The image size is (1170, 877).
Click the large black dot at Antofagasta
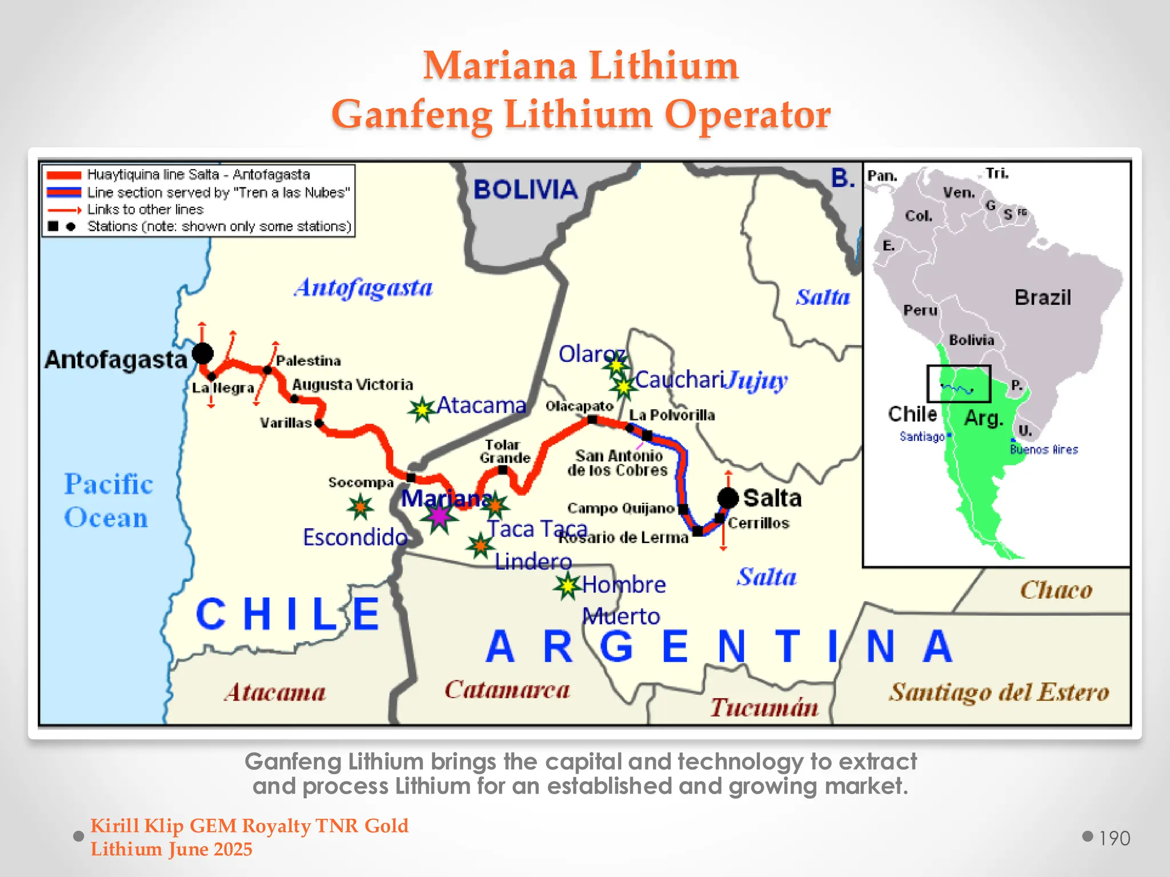[x=202, y=353]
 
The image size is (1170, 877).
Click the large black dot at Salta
[x=728, y=497]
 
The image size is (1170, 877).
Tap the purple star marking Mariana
[x=439, y=516]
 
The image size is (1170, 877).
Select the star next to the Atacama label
[x=422, y=409]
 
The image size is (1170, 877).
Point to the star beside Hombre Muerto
[x=567, y=586]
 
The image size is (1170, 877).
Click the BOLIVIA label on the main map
[x=525, y=190]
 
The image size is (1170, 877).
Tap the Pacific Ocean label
[x=108, y=501]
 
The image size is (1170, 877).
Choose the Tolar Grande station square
[x=503, y=470]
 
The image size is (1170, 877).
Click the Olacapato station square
[x=592, y=420]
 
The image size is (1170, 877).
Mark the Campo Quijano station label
[x=620, y=508]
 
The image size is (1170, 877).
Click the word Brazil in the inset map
[x=1042, y=297]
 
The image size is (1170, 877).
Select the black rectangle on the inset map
[x=959, y=384]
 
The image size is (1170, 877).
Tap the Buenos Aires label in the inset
[x=1044, y=449]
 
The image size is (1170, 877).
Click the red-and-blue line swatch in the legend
[x=64, y=192]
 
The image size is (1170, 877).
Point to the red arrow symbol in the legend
[x=64, y=210]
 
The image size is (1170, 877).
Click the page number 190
[x=1114, y=838]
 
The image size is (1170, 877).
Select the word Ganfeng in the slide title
[x=411, y=114]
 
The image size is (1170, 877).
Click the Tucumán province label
[x=764, y=707]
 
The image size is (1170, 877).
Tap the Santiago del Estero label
[x=999, y=692]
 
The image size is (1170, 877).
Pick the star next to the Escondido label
[x=360, y=506]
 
